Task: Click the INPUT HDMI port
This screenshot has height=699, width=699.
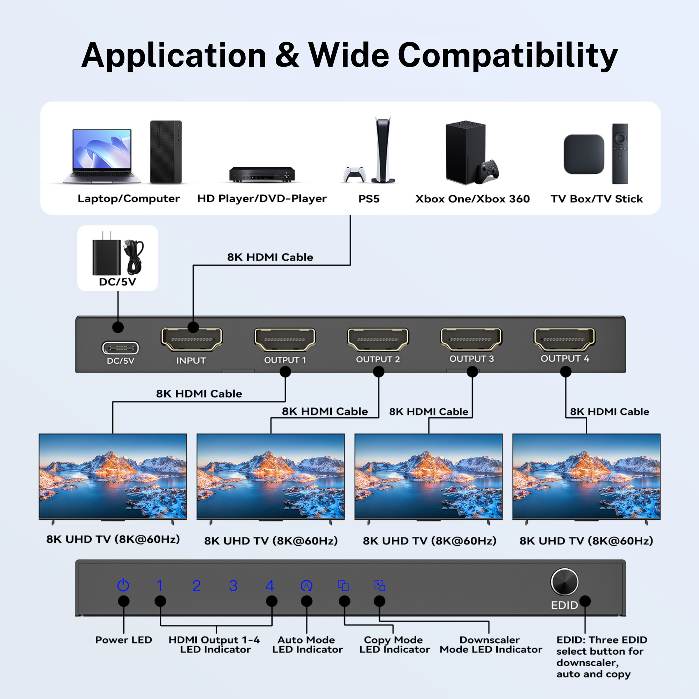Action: [x=192, y=339]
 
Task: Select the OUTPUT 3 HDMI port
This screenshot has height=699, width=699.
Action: [x=471, y=339]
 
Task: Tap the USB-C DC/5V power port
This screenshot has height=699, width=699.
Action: [x=120, y=348]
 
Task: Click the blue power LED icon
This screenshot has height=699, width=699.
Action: [x=123, y=585]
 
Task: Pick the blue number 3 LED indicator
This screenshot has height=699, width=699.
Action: [x=233, y=586]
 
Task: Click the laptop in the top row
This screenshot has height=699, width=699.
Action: [x=102, y=156]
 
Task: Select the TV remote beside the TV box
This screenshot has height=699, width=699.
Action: [x=620, y=154]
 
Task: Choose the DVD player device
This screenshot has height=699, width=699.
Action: [x=262, y=174]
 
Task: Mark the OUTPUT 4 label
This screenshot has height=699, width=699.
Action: [x=565, y=359]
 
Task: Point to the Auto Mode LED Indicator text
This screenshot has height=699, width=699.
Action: [x=307, y=644]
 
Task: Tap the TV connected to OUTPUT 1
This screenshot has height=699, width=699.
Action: [x=113, y=476]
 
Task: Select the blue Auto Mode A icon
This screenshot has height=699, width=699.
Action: [x=307, y=585]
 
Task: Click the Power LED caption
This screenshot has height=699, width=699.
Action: [x=123, y=640]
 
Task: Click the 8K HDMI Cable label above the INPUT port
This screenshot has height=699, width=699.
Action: [x=270, y=257]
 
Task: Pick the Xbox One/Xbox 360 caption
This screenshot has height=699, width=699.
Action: [x=472, y=199]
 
